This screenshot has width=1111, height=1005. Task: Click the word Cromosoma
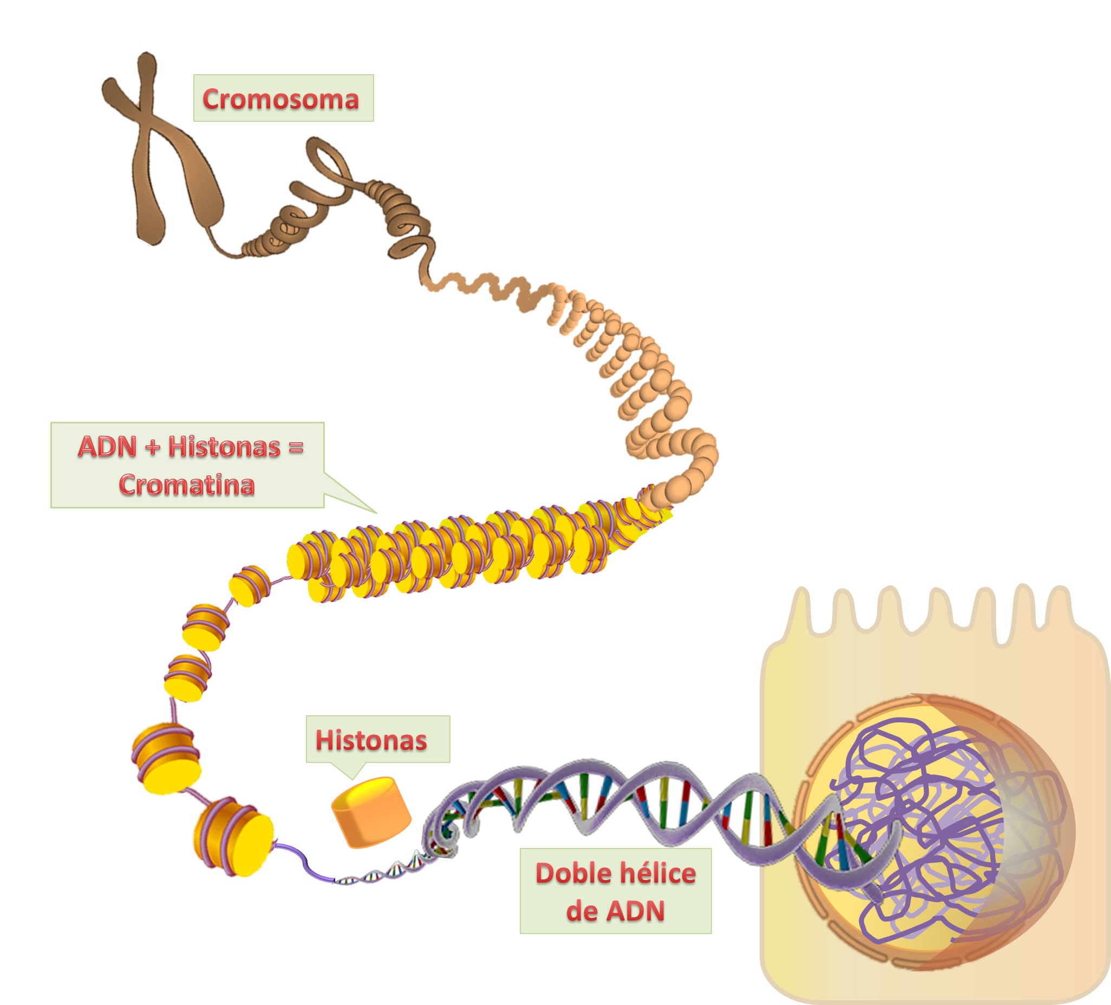tap(280, 99)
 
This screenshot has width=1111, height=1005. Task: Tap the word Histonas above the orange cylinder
tap(371, 740)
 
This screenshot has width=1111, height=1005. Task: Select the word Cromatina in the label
tap(187, 485)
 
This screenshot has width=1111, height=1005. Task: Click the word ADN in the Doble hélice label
tap(635, 911)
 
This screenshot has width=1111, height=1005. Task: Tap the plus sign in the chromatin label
tap(153, 447)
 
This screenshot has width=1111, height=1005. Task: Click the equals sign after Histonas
tap(296, 447)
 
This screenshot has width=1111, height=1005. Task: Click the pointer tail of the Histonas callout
tap(351, 769)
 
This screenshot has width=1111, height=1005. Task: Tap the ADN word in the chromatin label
tap(107, 447)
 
